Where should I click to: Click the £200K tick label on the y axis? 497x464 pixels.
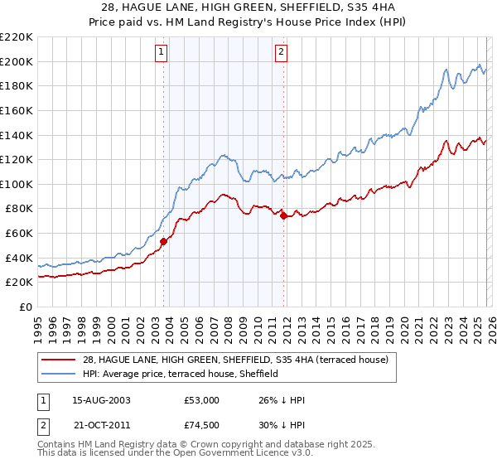17,61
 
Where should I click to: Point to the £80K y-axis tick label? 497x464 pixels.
19,209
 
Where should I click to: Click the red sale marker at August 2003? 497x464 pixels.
163,241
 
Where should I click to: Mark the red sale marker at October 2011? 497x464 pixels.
283,215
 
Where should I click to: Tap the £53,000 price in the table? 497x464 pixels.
201,400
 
